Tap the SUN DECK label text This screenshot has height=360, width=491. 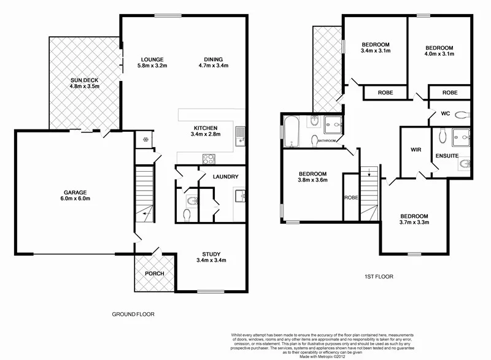click(84, 80)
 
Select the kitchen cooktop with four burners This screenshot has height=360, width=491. click(208, 158)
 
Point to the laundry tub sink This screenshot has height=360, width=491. click(241, 196)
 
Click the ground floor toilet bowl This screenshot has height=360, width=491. click(188, 214)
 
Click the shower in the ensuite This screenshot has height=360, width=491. click(460, 136)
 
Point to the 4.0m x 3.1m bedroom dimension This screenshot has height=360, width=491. click(439, 55)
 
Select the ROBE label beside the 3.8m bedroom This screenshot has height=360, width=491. click(351, 198)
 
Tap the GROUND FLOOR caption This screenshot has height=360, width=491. click(133, 314)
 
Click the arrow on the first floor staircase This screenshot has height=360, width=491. click(369, 175)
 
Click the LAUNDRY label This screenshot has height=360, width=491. click(225, 177)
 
